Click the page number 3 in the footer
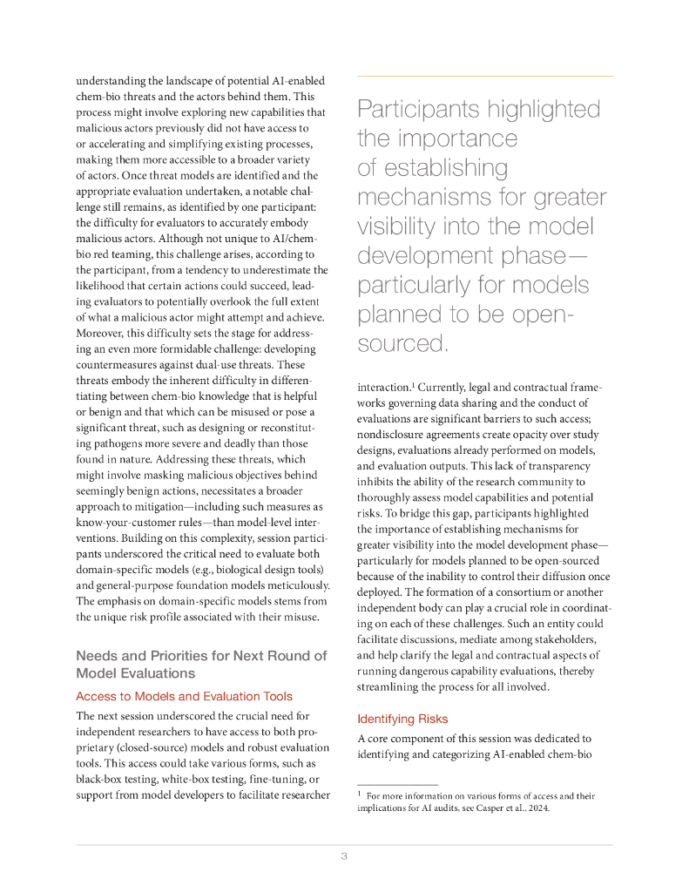click(344, 856)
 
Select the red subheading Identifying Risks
click(402, 719)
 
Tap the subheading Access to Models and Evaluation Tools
click(184, 696)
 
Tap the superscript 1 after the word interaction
click(412, 384)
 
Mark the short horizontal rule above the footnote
click(397, 785)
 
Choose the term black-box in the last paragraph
click(102, 779)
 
